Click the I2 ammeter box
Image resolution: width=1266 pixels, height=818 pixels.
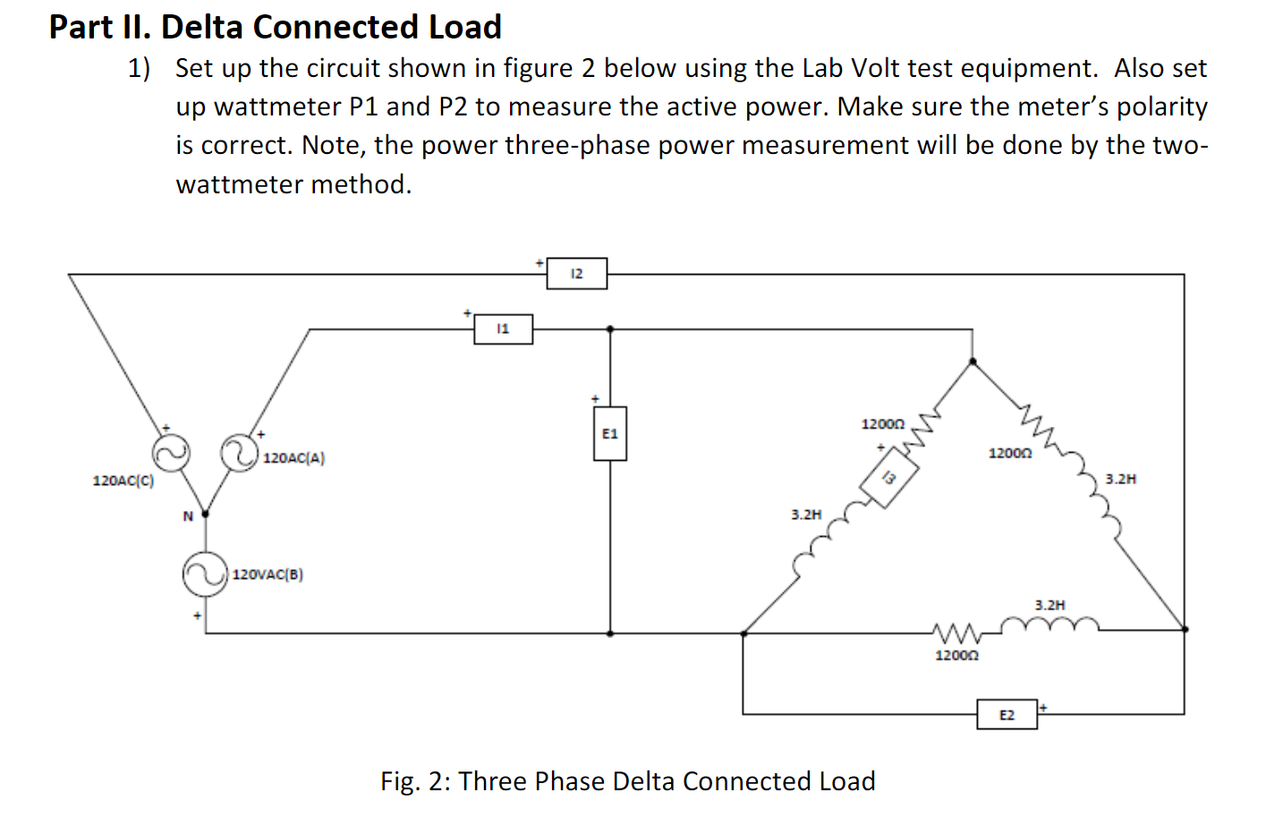click(577, 274)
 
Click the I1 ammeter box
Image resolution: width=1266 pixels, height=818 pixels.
click(503, 329)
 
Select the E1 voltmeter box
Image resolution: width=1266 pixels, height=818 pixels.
click(610, 434)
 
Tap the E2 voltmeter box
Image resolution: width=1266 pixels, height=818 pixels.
click(1007, 715)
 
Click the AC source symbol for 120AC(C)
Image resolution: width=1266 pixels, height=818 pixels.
click(171, 453)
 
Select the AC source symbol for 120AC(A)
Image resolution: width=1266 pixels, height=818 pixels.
click(240, 452)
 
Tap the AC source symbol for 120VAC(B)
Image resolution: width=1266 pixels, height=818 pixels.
click(205, 574)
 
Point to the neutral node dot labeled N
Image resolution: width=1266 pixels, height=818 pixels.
click(205, 514)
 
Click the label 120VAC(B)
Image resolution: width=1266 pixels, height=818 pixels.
click(268, 575)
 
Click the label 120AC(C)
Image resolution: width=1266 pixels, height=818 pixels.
click(123, 481)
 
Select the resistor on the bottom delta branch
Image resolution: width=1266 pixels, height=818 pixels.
click(957, 633)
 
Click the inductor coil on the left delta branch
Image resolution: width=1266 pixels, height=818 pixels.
click(823, 542)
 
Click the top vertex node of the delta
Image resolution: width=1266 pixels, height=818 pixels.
click(973, 362)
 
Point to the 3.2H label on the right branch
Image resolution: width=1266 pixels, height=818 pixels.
click(1120, 479)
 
